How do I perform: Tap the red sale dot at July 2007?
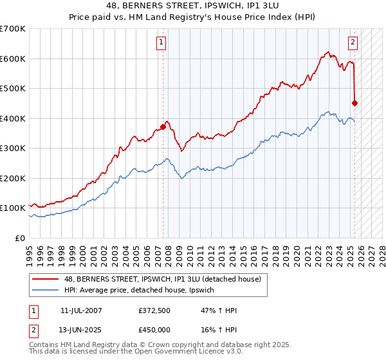click(163, 127)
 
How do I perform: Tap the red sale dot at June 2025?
click(355, 103)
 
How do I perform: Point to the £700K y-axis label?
click(13, 29)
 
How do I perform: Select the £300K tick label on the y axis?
click(13, 148)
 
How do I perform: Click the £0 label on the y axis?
click(21, 238)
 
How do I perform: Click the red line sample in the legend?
click(46, 279)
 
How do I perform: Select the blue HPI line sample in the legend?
click(46, 291)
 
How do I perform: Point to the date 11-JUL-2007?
click(81, 310)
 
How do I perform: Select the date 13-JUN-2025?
click(81, 329)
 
